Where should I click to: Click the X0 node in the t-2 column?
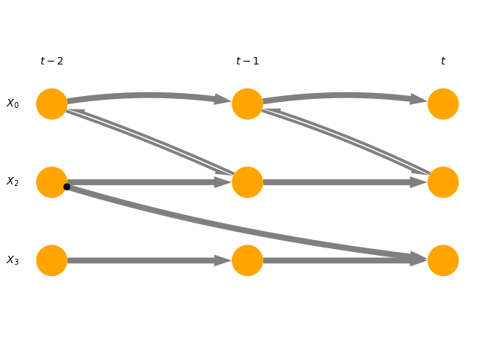(52, 104)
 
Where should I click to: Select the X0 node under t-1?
(247, 104)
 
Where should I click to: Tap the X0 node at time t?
(443, 104)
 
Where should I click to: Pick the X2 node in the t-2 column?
(52, 182)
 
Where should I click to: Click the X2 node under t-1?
(247, 182)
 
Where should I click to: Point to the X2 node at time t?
(443, 182)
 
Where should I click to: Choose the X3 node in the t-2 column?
(52, 260)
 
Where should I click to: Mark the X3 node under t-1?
(247, 260)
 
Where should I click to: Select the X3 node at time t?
(443, 260)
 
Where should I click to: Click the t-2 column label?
(52, 61)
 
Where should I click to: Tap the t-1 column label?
(247, 61)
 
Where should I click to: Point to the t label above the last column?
(442, 61)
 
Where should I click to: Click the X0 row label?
(13, 104)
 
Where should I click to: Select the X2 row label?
(13, 182)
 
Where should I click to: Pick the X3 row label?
(13, 260)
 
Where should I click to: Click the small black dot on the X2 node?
(67, 187)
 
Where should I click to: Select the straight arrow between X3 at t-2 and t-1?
(150, 260)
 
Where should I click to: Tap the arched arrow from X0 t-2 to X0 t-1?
(150, 95)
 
